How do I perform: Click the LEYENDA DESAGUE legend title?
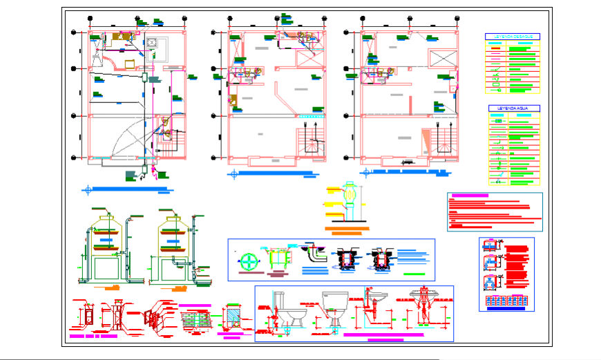513,36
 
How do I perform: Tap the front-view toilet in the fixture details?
334,309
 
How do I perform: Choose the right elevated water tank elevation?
172,249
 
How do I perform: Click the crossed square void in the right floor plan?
443,59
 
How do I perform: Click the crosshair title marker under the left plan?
88,189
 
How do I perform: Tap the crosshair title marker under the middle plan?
236,175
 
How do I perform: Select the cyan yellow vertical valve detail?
350,200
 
